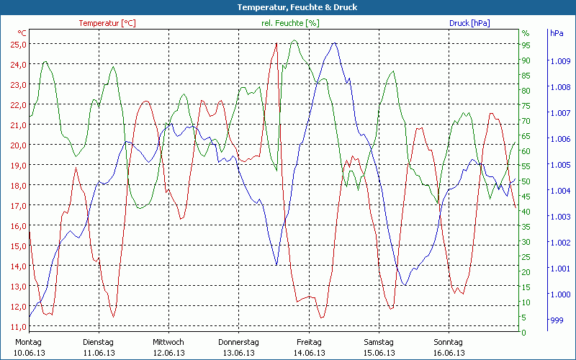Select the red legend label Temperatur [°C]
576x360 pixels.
point(107,23)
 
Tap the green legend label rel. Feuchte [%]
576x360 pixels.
point(290,23)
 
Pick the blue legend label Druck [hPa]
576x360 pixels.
point(469,23)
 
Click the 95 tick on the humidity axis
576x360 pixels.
point(526,45)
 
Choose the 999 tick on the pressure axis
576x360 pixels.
point(556,320)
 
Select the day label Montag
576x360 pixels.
point(28,342)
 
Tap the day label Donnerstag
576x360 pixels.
point(238,342)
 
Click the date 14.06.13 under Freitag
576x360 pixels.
point(309,353)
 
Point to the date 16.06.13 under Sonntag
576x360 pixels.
point(449,353)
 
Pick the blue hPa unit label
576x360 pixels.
point(557,33)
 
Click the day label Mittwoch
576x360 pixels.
point(168,342)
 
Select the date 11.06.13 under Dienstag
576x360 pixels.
point(99,353)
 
